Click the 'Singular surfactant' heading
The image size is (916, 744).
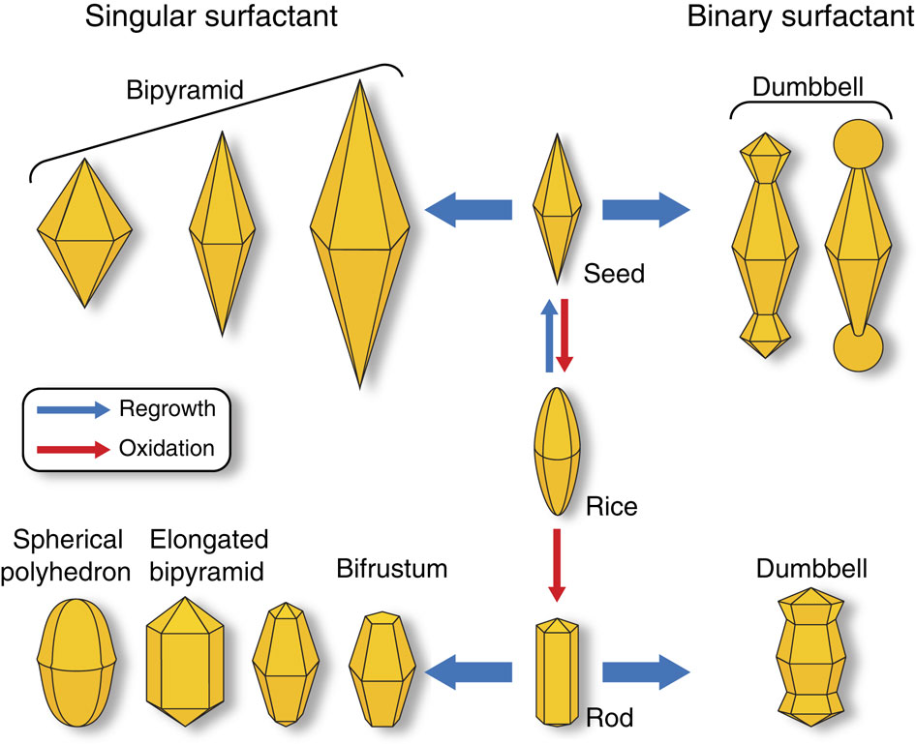pos(212,18)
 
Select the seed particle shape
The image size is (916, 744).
pos(558,207)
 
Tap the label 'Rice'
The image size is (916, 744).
pos(612,506)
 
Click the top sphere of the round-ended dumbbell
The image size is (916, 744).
pos(859,145)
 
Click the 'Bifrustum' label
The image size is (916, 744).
pos(392,569)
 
